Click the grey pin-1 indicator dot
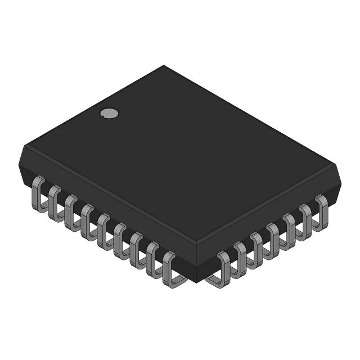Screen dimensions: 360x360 point(109,113)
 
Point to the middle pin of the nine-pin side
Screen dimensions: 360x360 point(103,231)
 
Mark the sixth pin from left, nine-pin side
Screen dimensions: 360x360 point(120,240)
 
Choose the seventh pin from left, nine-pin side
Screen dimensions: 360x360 point(136,249)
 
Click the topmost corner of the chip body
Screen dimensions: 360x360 point(164,66)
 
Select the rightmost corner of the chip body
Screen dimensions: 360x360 point(341,180)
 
